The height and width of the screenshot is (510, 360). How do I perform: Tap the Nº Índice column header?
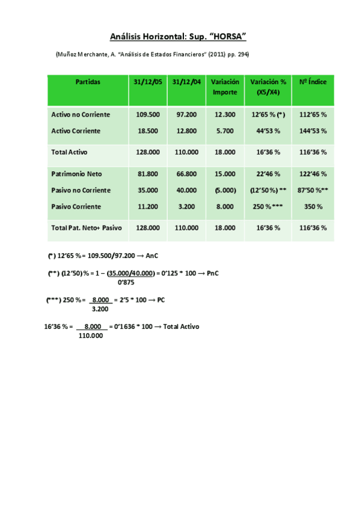coord(313,82)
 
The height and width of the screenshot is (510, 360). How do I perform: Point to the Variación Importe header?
coord(225,87)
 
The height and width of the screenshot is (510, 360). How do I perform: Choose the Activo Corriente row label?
coord(76,131)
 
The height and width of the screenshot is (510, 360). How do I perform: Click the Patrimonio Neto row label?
coord(77,174)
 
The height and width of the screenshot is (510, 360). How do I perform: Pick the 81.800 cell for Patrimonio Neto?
coord(148,174)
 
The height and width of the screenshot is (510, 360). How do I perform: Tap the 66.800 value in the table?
coord(186,174)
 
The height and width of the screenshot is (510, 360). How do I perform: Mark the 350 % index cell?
coord(313,206)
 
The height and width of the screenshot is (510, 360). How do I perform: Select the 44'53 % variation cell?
coord(268,131)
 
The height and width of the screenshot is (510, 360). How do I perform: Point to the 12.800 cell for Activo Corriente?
coord(186,131)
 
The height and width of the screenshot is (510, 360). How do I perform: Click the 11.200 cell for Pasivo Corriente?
coord(148,206)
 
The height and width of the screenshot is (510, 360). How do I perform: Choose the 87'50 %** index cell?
coord(313,190)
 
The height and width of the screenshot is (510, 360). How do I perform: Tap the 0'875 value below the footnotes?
coord(126,281)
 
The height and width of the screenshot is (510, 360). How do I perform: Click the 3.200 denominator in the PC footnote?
coord(100,309)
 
